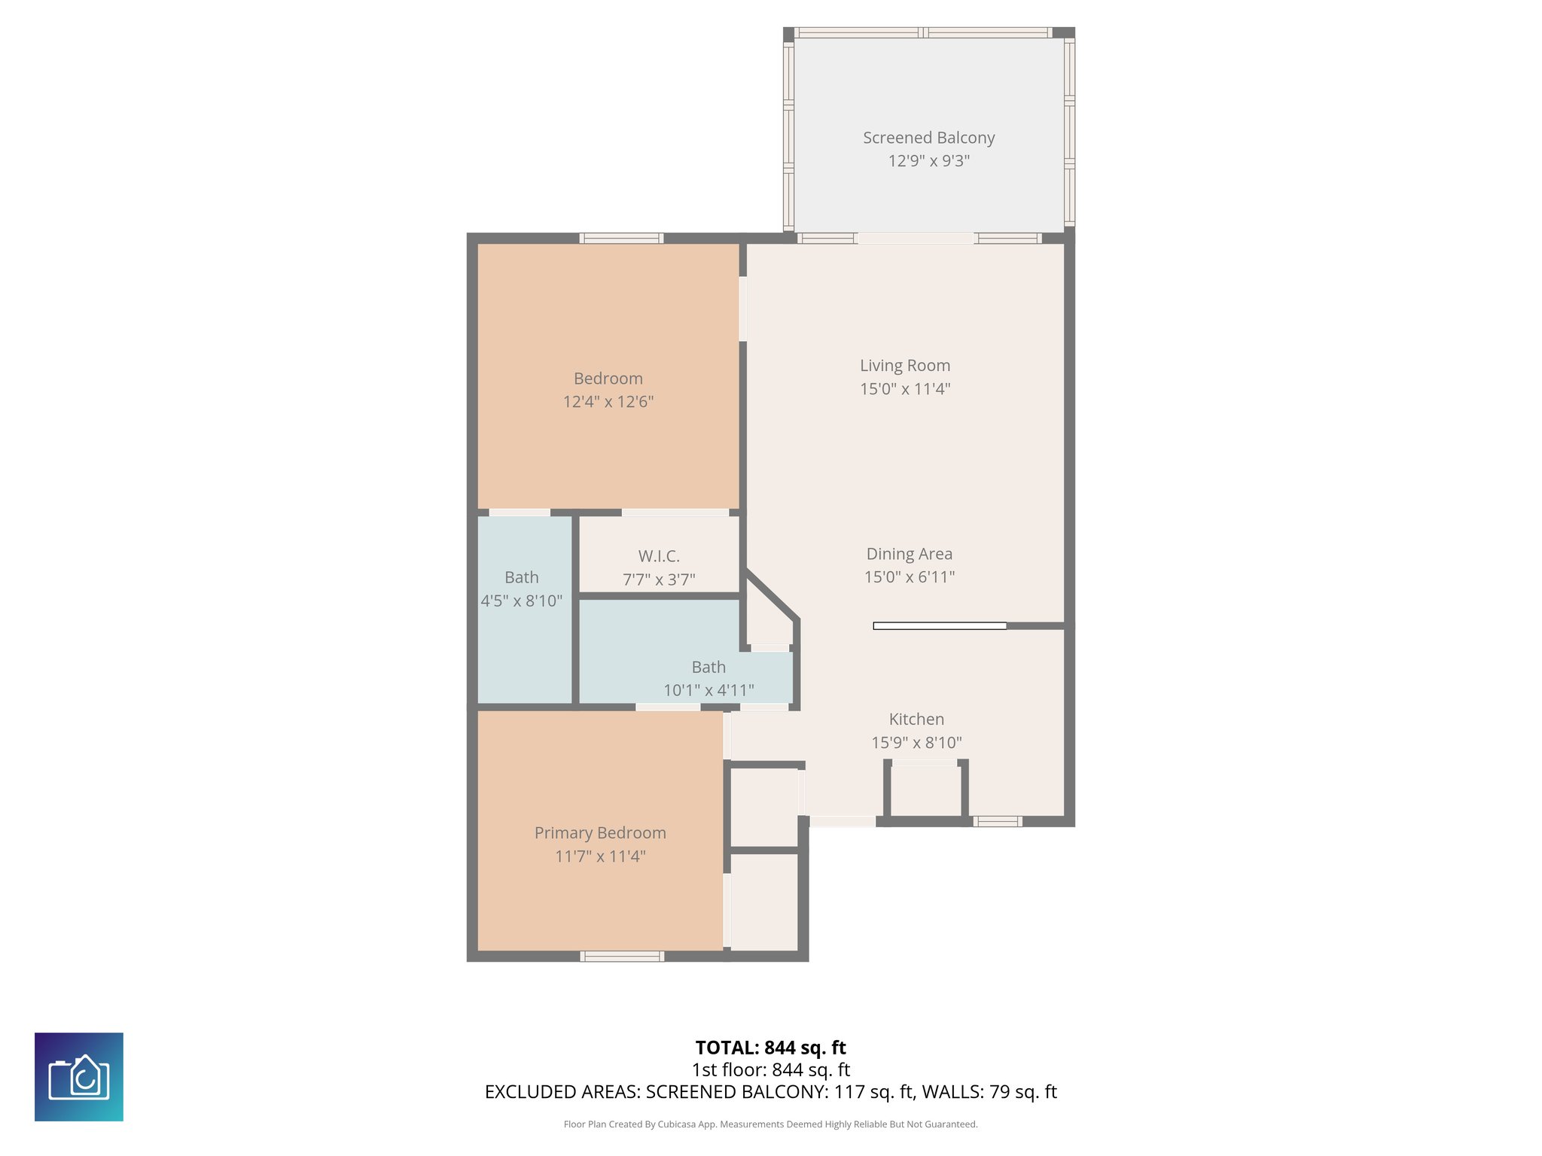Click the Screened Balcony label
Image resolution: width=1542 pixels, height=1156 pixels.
point(928,138)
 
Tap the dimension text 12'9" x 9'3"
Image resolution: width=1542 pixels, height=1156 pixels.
point(928,161)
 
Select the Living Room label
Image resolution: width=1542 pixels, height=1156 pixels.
point(905,366)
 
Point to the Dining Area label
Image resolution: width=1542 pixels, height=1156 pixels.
point(909,554)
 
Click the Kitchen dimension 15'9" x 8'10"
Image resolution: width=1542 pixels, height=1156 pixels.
point(916,743)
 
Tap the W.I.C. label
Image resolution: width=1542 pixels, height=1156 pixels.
point(659,556)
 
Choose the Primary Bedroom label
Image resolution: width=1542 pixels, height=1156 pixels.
point(600,833)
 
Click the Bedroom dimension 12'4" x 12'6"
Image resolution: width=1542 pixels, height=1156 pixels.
point(608,402)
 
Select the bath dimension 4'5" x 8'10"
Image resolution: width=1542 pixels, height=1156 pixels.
point(522,601)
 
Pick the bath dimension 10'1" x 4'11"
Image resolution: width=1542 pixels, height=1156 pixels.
point(709,690)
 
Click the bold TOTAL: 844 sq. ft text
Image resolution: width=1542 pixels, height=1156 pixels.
point(770,1048)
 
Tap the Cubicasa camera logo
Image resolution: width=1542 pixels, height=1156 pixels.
point(79,1077)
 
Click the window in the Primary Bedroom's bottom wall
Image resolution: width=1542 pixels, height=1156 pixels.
point(622,957)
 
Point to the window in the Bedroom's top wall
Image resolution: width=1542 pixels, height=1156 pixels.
point(621,239)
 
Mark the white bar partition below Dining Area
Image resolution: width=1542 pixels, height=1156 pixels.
point(939,626)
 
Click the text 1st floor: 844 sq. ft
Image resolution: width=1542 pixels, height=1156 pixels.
point(770,1069)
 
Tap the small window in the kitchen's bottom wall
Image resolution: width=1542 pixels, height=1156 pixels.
point(997,821)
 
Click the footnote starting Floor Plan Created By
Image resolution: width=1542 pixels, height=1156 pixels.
point(770,1124)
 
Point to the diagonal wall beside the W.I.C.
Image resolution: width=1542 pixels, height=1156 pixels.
point(772,595)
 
